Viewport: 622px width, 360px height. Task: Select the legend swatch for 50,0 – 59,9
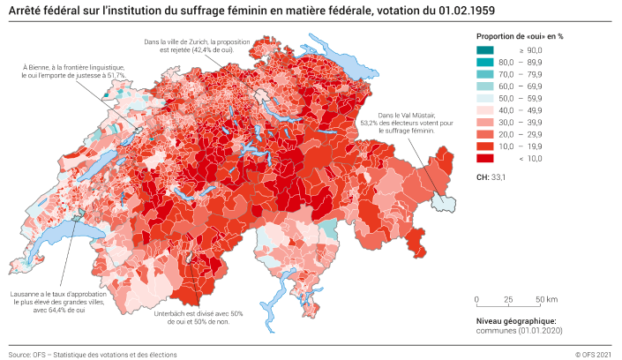pyautogui.click(x=485, y=98)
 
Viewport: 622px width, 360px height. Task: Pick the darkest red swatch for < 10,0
pyautogui.click(x=485, y=159)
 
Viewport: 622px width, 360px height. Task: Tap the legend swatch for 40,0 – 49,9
pyautogui.click(x=485, y=110)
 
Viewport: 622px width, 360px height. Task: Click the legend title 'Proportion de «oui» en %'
pyautogui.click(x=519, y=35)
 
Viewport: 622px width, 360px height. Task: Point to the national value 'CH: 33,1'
pyautogui.click(x=491, y=177)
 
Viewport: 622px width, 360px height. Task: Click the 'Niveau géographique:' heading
pyautogui.click(x=516, y=321)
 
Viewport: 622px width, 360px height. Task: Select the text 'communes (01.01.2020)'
pyautogui.click(x=519, y=331)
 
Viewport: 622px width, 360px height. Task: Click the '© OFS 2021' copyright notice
pyautogui.click(x=592, y=354)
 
